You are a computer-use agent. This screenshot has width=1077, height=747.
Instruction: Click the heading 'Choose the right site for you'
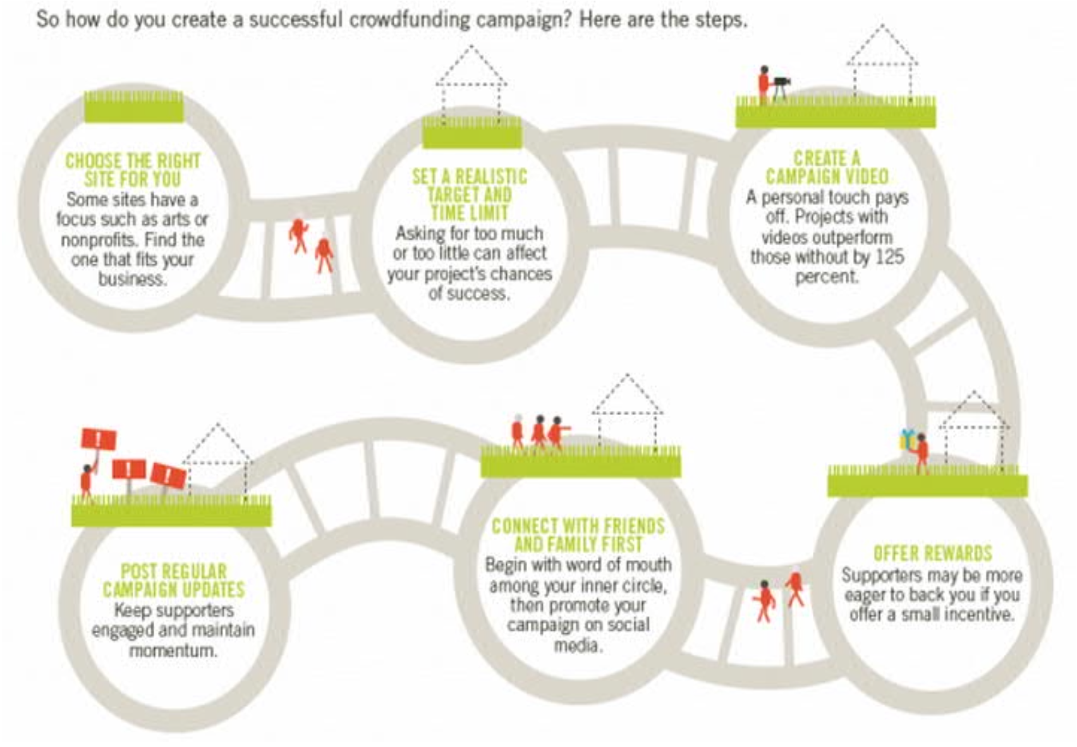point(133,169)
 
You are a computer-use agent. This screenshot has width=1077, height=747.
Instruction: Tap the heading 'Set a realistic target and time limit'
point(469,194)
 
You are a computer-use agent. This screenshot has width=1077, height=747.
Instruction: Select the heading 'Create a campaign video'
point(827,167)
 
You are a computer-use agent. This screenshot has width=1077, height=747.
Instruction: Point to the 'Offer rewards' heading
point(932,554)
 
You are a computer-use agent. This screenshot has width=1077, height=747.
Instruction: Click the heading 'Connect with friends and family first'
point(578,535)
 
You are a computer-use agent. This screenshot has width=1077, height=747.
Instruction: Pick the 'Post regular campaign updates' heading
point(174,580)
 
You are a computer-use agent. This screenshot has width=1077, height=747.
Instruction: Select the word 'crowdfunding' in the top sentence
point(408,20)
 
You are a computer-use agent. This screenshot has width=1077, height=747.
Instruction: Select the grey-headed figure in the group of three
point(518,432)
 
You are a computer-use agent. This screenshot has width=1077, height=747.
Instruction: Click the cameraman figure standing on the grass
point(764,83)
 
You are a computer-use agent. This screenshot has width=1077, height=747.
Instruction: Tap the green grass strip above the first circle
point(134,107)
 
